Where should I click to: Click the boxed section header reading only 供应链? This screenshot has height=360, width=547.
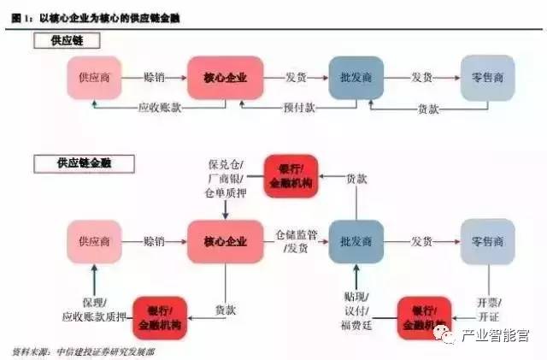66,40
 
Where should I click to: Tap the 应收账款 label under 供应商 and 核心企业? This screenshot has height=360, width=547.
158,108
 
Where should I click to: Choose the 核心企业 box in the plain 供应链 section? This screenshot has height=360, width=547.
225,78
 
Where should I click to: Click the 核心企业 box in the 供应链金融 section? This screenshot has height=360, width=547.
225,240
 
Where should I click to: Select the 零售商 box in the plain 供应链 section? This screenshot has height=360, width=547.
487,78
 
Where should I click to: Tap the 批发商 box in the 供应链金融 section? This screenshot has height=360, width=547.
356,240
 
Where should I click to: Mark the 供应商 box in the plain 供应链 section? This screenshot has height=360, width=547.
94,78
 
